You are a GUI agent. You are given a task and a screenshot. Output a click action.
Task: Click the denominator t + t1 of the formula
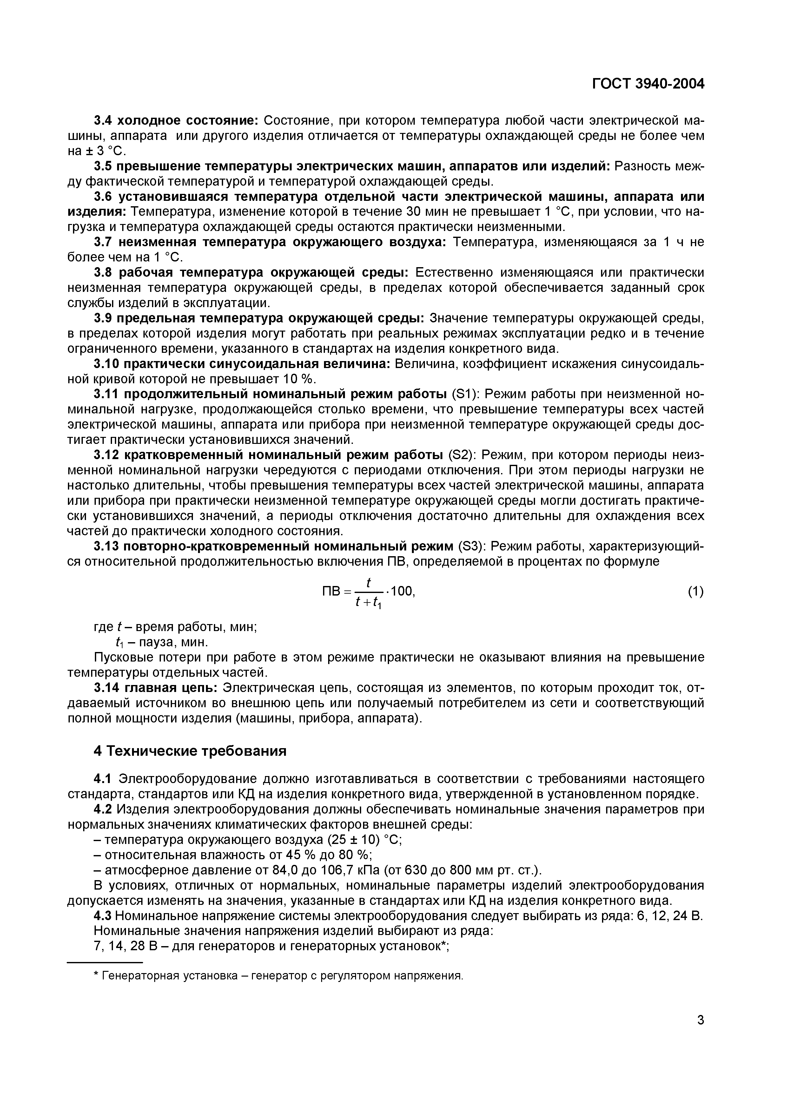click(x=368, y=602)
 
